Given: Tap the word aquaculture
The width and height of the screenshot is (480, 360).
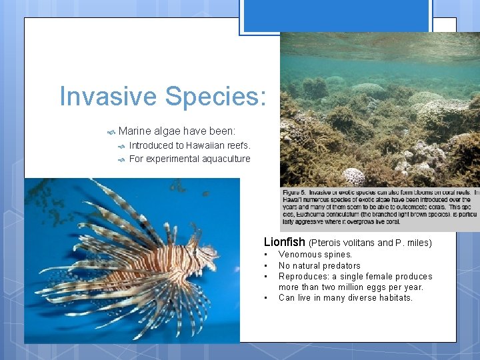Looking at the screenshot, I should click(x=224, y=159).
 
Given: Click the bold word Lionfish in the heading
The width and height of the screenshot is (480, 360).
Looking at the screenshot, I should click(x=285, y=242).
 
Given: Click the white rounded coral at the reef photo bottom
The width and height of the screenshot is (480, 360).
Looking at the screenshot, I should click(x=353, y=177).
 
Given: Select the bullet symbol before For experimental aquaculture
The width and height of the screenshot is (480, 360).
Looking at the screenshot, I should click(x=121, y=159).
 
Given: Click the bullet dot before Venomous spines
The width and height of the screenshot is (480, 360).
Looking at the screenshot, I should click(x=266, y=255).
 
